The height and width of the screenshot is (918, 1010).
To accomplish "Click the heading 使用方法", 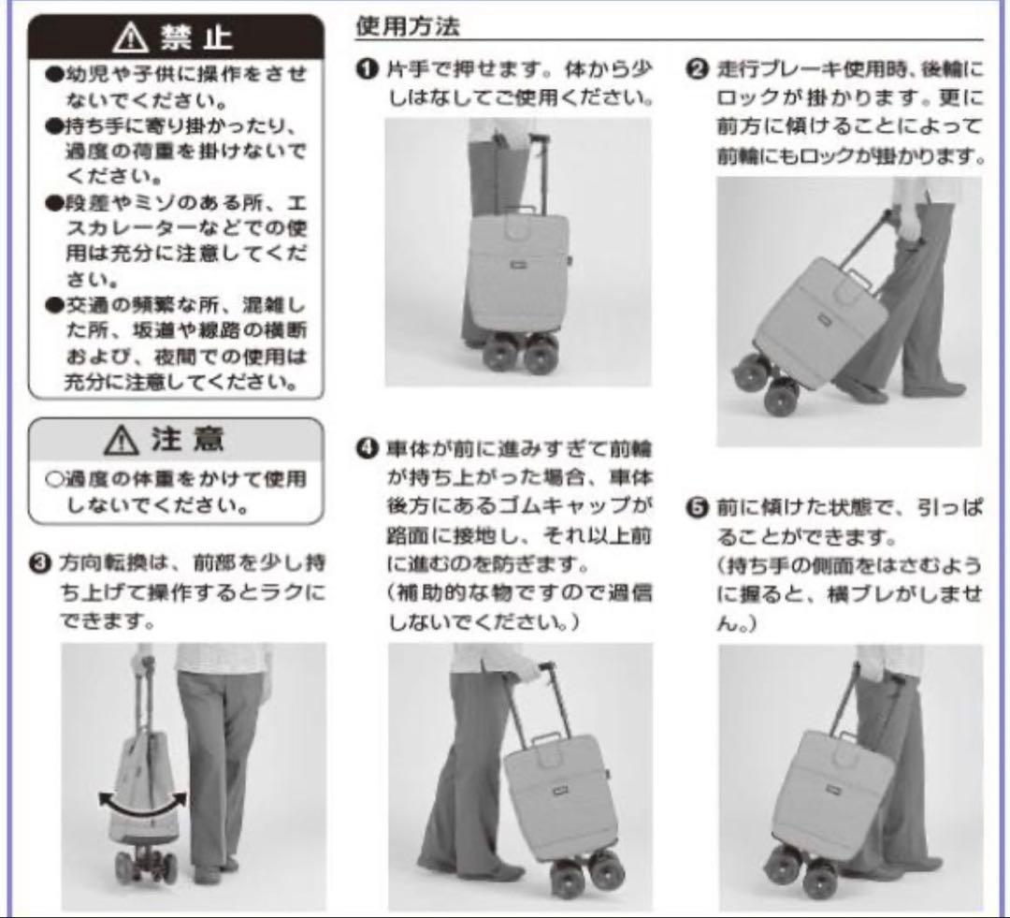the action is pos(409,26).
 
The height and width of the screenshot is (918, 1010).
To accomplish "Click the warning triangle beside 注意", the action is pos(121,441).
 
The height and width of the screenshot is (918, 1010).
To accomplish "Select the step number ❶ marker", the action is pos(368,69).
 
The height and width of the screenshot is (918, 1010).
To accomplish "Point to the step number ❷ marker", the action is pos(697,68).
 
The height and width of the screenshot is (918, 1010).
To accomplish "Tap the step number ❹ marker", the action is pos(368,448).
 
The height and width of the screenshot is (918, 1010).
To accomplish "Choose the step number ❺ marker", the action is pos(697,508).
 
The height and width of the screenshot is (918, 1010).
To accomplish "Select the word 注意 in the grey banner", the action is pos(187,440).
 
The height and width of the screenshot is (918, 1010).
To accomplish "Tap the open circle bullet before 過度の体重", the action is pos(54,479).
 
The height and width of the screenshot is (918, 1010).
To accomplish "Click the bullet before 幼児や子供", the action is pos(54,74).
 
